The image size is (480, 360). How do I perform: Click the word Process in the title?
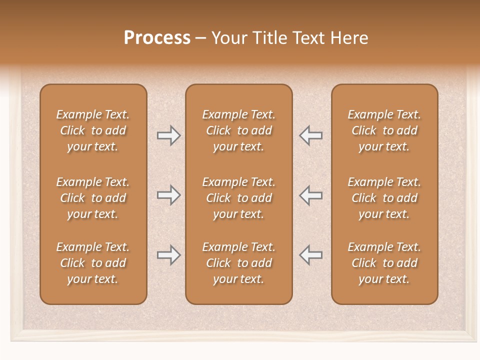157,38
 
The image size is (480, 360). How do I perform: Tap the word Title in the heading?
270,38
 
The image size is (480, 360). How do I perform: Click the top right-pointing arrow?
168,135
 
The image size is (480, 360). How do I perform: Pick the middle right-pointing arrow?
168,195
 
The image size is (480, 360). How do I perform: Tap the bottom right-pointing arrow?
168,255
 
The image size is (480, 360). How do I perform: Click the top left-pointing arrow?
311,135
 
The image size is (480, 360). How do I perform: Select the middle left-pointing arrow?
311,195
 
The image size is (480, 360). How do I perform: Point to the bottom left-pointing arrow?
311,255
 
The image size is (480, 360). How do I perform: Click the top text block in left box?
93,130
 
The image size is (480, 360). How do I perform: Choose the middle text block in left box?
93,198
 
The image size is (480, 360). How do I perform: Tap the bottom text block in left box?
93,263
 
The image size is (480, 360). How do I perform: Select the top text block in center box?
238,130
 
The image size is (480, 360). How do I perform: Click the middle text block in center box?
238,198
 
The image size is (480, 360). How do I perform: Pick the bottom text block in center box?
238,263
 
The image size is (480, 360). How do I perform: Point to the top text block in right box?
384,130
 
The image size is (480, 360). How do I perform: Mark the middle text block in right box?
384,198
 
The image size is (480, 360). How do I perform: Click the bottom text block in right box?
384,263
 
